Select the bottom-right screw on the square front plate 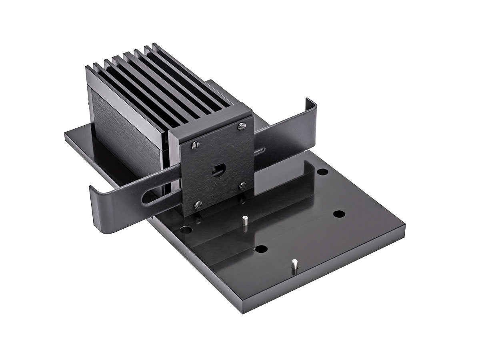click(x=242, y=185)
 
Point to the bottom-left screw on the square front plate click(x=196, y=205)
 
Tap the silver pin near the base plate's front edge click(x=294, y=265)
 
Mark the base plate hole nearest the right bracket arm click(x=322, y=172)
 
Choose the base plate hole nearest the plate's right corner click(x=339, y=213)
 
